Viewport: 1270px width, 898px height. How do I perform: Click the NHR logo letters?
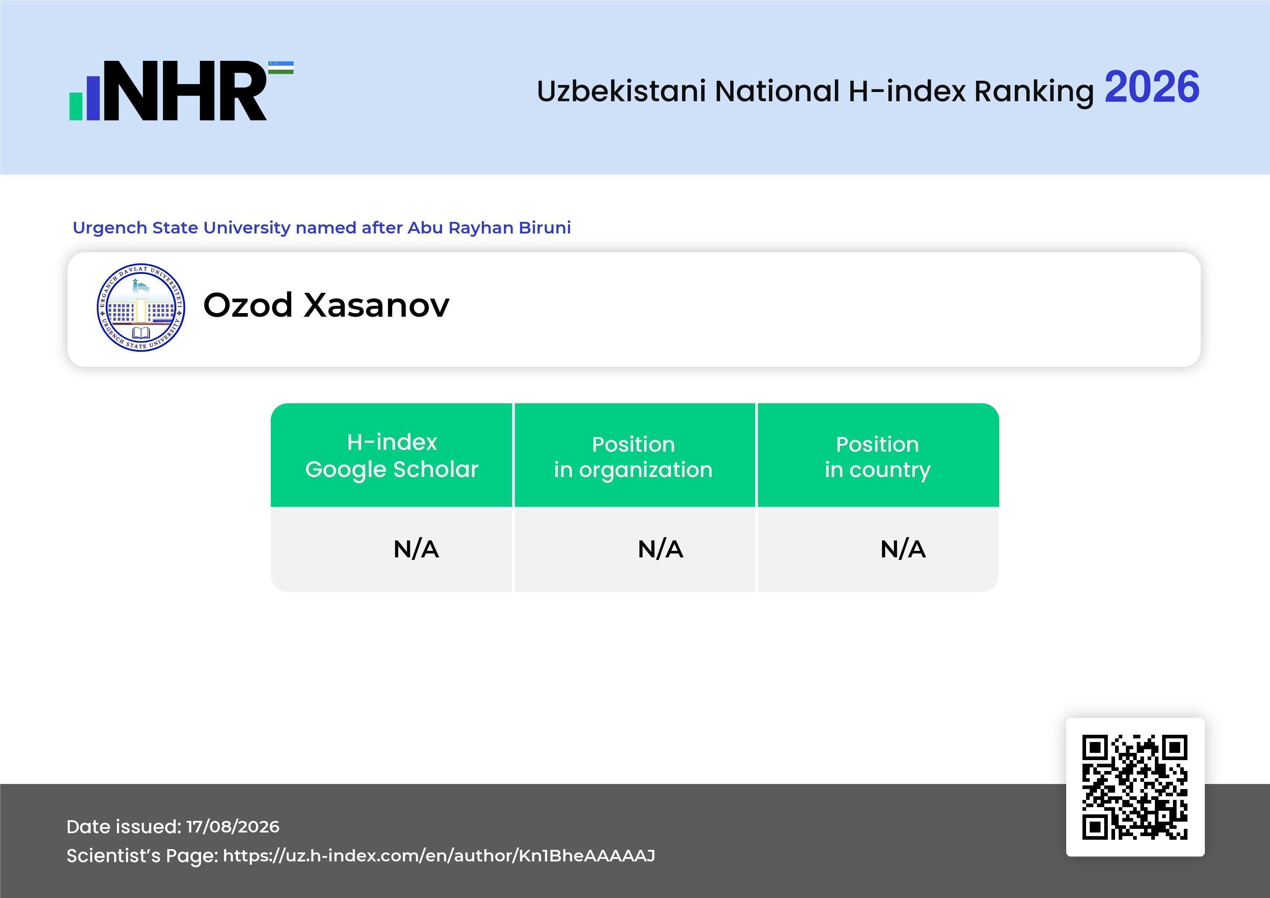[x=186, y=91]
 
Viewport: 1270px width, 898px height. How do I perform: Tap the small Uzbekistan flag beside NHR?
[x=281, y=67]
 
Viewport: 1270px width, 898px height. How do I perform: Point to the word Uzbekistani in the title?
[x=621, y=91]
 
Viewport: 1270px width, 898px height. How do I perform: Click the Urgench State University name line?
[x=322, y=228]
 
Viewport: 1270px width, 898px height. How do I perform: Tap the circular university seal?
[x=141, y=307]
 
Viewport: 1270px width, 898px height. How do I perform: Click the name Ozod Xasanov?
[x=326, y=305]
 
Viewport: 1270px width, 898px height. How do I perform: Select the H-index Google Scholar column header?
[x=392, y=456]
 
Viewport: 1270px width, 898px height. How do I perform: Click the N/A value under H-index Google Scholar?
[x=416, y=549]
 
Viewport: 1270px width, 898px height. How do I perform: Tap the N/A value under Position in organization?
[x=660, y=549]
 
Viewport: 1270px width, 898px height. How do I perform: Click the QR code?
[x=1135, y=787]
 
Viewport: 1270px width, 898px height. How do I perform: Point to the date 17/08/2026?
[x=233, y=827]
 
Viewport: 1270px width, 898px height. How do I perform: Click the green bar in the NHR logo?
[x=76, y=106]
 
